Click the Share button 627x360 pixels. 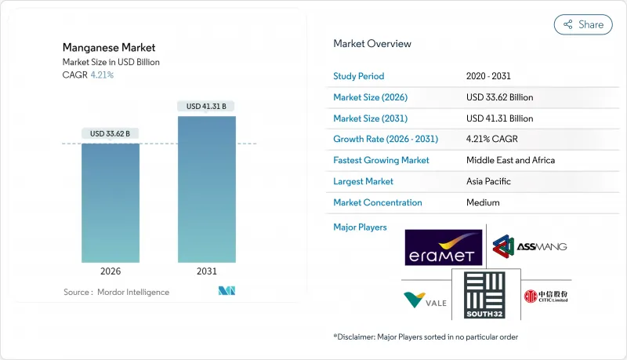pos(583,24)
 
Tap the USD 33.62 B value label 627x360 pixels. pos(111,133)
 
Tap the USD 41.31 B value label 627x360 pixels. pos(207,106)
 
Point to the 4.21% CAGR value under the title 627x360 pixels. pos(101,75)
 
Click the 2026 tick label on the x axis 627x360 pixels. pos(111,271)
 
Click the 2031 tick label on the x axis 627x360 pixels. pos(207,271)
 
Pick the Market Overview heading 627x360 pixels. pos(372,43)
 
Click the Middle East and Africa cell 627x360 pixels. pos(510,160)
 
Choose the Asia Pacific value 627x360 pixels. pos(489,181)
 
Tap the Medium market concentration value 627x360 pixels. pos(483,202)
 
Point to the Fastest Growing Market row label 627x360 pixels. pos(382,160)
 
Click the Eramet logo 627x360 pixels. pos(444,247)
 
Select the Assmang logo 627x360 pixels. pos(530,246)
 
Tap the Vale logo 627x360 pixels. pos(425,299)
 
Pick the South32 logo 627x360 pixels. pos(480,295)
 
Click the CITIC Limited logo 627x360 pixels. pos(545,296)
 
